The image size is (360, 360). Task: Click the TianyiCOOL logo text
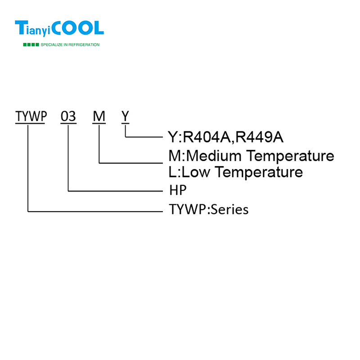coord(59,28)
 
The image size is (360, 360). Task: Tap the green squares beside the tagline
coord(31,45)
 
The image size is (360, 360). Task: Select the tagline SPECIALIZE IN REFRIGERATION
coord(70,45)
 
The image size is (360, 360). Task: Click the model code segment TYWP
coord(31,117)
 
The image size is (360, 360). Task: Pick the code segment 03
coord(68,117)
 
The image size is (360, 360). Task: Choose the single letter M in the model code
coord(99,117)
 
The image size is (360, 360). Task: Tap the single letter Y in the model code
coord(125,117)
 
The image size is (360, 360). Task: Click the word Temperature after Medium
coord(292,156)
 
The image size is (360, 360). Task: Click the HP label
coord(178,190)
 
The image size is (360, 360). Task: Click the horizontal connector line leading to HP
coord(115,191)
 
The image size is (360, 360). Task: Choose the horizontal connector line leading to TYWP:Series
coord(94,210)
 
